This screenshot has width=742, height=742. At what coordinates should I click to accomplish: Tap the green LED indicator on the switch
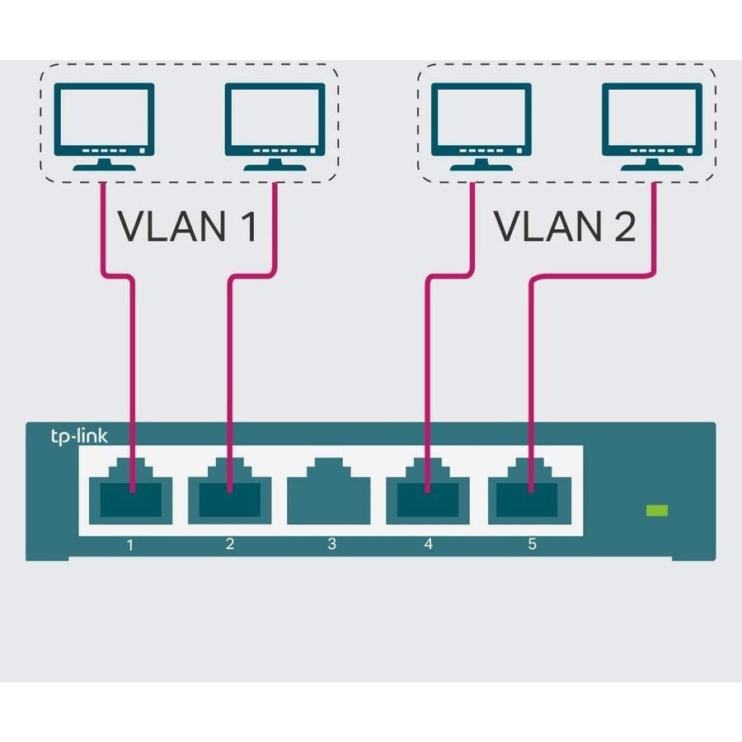(x=657, y=511)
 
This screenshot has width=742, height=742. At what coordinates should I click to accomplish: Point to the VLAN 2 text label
(x=565, y=226)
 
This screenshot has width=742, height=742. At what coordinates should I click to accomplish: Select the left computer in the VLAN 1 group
(x=103, y=127)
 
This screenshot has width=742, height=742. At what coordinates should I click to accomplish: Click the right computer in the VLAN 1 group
(x=274, y=127)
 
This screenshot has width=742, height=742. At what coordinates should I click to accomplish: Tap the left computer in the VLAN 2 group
(x=480, y=127)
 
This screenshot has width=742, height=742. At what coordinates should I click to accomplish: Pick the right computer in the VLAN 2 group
(x=652, y=127)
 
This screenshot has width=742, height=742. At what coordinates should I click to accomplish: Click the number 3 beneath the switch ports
(x=331, y=544)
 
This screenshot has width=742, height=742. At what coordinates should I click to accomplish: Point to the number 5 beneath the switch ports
(x=532, y=544)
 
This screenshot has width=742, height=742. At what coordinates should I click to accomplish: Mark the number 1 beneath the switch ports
(x=130, y=544)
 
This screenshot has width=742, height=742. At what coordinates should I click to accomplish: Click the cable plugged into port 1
(x=130, y=371)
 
